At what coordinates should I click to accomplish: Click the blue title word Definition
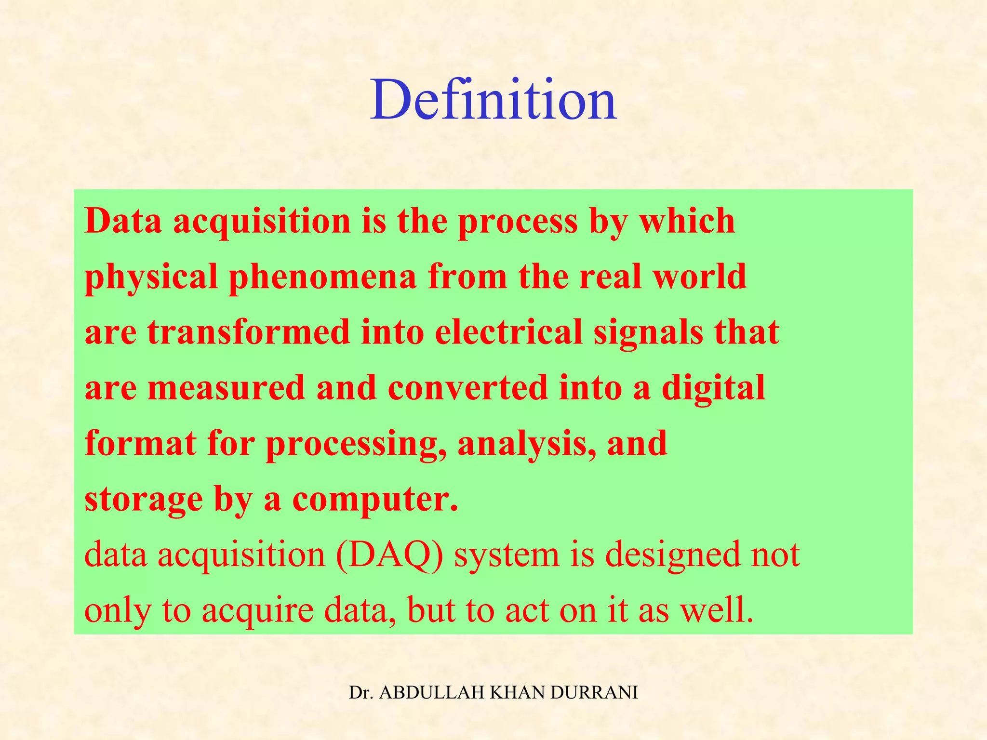[x=493, y=100]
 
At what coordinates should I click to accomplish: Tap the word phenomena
[x=322, y=277]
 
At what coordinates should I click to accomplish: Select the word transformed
[x=249, y=332]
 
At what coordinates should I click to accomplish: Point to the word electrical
[x=508, y=332]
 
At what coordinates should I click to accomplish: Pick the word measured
[x=227, y=388]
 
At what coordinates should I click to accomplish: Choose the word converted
[x=468, y=388]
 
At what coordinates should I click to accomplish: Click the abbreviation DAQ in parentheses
[x=390, y=555]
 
